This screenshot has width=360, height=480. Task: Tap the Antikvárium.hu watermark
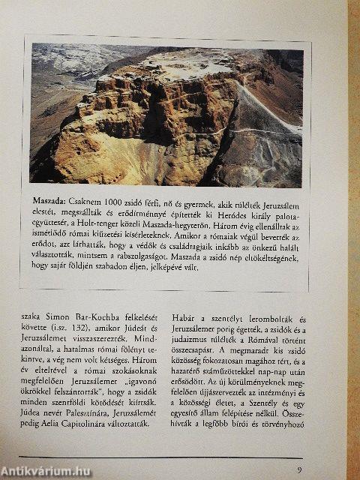coord(45,471)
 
